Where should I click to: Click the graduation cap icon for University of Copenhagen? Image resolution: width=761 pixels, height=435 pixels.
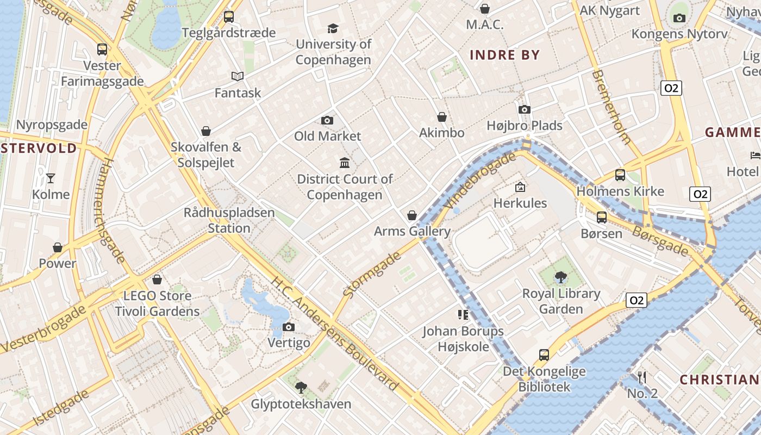point(332,28)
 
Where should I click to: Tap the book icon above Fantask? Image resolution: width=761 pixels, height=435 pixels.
point(237,77)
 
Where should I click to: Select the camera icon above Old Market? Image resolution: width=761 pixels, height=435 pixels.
point(327,120)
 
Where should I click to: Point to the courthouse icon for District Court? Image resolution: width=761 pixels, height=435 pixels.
point(345,163)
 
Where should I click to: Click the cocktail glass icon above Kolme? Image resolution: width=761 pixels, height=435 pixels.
point(51,178)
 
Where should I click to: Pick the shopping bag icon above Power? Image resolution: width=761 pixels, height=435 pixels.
point(58,247)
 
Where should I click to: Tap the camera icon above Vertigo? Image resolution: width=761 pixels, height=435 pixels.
point(289,327)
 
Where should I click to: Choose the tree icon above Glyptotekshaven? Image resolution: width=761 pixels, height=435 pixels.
point(301,388)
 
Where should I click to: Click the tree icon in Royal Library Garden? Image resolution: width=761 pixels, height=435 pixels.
point(561,277)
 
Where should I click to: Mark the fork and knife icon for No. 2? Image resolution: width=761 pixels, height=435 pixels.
point(642,377)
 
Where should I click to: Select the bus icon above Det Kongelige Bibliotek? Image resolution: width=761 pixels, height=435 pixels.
point(544,355)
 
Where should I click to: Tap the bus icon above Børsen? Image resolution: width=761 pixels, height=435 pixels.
point(602,217)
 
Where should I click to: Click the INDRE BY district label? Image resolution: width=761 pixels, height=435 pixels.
point(504,55)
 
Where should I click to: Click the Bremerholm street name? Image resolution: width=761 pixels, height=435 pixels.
point(611,107)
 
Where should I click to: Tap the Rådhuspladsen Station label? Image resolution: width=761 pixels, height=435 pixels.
point(229,220)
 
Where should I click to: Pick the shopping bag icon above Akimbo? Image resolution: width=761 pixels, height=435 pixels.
point(442,117)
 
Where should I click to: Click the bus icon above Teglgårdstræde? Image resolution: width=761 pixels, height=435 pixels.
point(229,17)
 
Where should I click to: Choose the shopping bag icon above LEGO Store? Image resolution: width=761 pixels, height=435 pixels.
point(157,279)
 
